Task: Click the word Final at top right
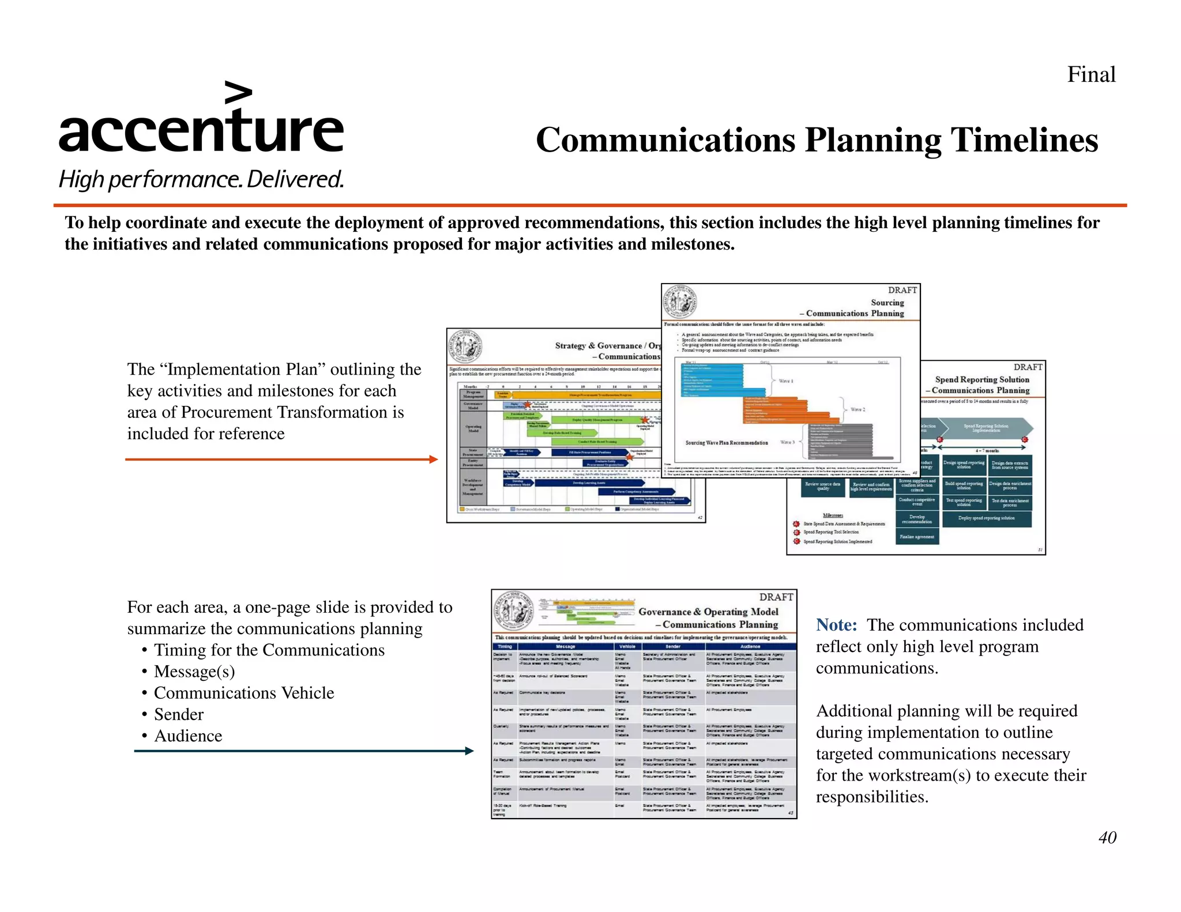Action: coord(1091,74)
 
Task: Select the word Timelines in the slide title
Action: coord(1024,140)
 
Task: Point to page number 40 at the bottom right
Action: coord(1107,837)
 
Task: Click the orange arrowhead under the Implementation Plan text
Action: coord(434,459)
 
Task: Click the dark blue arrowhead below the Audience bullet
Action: coord(469,751)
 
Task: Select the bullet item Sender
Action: coord(179,714)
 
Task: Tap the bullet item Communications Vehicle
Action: coord(244,693)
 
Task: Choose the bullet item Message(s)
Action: coord(194,672)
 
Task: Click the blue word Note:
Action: coord(836,625)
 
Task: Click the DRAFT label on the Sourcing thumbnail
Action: coord(902,290)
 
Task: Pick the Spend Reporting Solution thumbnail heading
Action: coord(981,379)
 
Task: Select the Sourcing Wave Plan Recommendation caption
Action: coord(726,443)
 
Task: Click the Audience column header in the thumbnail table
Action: coord(750,646)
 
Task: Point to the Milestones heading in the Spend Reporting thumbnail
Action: coord(832,515)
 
